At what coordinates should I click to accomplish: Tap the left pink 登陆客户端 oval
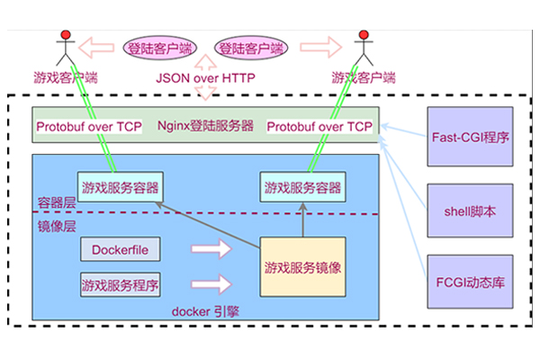pyautogui.click(x=161, y=49)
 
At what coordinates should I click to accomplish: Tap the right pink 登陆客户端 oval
pyautogui.click(x=249, y=49)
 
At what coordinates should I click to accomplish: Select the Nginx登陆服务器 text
pyautogui.click(x=205, y=127)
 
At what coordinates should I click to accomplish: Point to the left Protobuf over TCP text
pyautogui.click(x=89, y=127)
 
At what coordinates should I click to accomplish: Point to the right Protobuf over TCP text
pyautogui.click(x=320, y=127)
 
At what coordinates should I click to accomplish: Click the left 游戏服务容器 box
pyautogui.click(x=120, y=188)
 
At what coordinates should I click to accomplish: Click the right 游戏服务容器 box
pyautogui.click(x=302, y=188)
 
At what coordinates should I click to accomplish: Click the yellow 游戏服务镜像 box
pyautogui.click(x=302, y=267)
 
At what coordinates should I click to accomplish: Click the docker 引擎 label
pyautogui.click(x=203, y=311)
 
